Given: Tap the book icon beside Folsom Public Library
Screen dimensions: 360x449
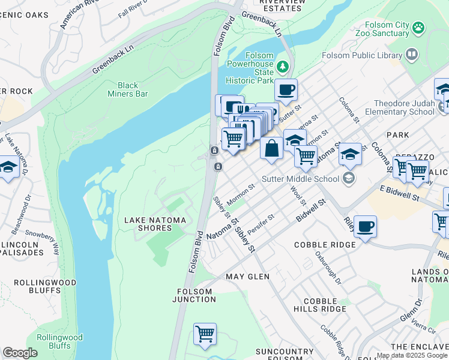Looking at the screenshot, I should [x=411, y=55].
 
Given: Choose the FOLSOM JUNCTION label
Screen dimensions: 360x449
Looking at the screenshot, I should [x=194, y=296].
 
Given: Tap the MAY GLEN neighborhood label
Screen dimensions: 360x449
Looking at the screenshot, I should [x=247, y=277].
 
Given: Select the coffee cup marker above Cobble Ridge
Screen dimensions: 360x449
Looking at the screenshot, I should [x=365, y=227].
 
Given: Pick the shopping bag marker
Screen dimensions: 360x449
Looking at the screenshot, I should [x=271, y=148].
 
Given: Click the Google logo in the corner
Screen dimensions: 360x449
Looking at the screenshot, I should [x=20, y=353].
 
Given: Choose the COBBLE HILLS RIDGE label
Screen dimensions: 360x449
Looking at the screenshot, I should [x=324, y=305].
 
